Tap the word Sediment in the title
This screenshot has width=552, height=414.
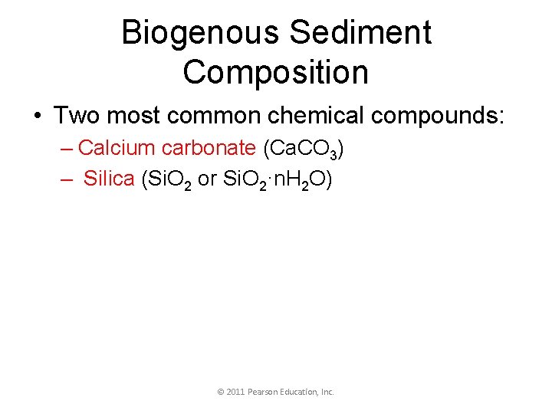click(x=361, y=33)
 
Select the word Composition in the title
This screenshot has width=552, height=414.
click(x=276, y=72)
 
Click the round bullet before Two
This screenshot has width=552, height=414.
click(x=37, y=117)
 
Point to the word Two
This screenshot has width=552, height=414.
click(x=77, y=117)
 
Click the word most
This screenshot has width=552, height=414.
click(x=132, y=117)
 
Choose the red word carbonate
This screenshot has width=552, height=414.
click(x=208, y=147)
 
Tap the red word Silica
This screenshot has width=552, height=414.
click(x=109, y=179)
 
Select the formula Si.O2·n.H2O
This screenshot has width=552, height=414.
click(x=276, y=179)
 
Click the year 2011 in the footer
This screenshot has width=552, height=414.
click(x=236, y=392)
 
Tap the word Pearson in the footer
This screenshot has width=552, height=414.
click(x=264, y=392)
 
